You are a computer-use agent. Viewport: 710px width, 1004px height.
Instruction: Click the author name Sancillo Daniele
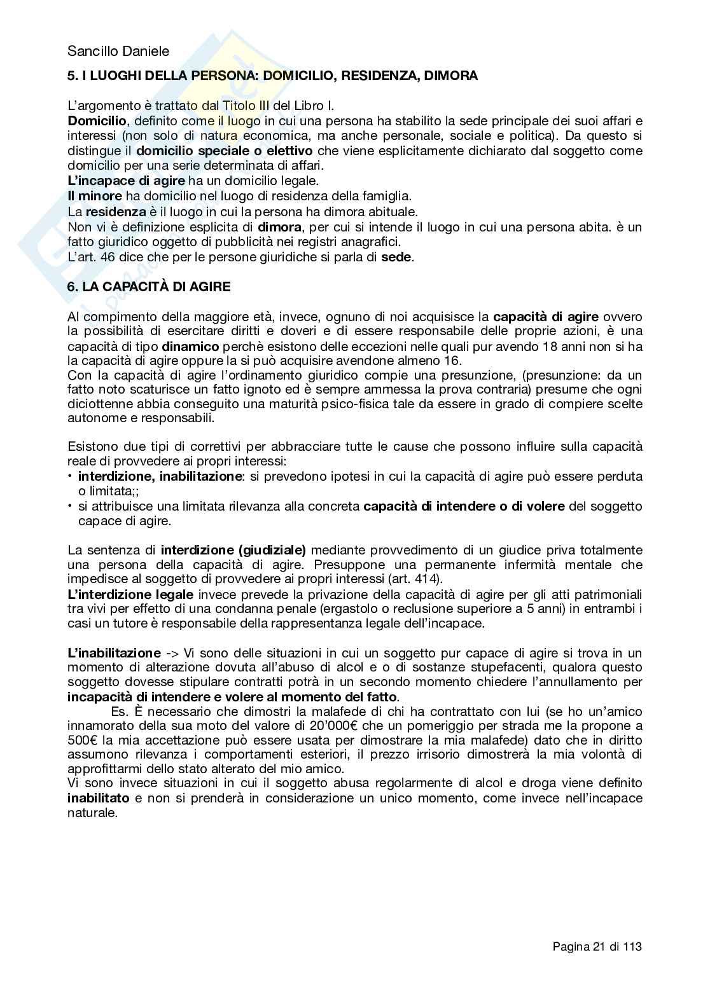pyautogui.click(x=118, y=52)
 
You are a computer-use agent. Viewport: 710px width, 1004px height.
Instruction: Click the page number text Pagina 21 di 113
pyautogui.click(x=597, y=947)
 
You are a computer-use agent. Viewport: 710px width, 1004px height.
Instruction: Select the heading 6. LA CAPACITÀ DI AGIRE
pyautogui.click(x=149, y=287)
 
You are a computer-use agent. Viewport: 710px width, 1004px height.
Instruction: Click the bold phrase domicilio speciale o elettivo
pyautogui.click(x=225, y=151)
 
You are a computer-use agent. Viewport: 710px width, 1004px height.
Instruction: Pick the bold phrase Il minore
pyautogui.click(x=94, y=196)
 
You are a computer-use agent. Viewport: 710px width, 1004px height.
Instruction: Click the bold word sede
pyautogui.click(x=397, y=257)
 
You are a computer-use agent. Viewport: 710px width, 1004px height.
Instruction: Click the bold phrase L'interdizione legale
pyautogui.click(x=130, y=595)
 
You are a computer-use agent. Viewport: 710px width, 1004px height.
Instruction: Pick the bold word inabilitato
pyautogui.click(x=99, y=797)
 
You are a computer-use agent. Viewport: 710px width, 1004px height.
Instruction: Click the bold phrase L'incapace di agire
pyautogui.click(x=126, y=181)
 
